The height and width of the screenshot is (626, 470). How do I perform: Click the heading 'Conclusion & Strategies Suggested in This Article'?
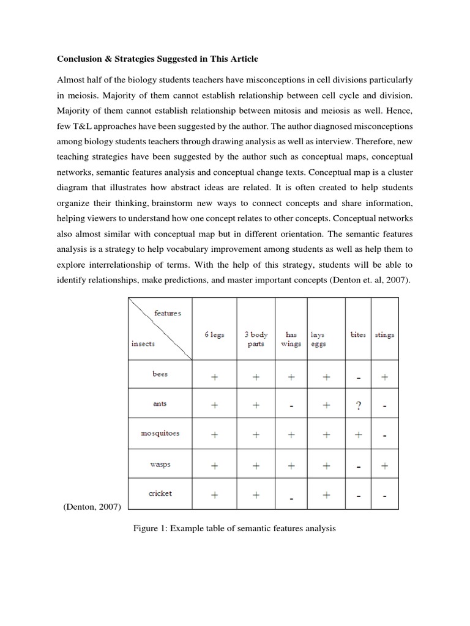coord(158,59)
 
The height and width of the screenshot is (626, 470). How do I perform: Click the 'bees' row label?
coord(160,374)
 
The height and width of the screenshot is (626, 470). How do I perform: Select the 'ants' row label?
coord(160,403)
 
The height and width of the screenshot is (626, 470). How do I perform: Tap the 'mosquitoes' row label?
coord(160,433)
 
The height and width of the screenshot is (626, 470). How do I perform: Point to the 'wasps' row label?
coord(160,464)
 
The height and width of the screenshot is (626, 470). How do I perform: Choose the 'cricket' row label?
coord(160,493)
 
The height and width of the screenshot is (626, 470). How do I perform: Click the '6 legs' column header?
coord(214,335)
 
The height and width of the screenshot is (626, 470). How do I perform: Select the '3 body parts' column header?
coord(256,339)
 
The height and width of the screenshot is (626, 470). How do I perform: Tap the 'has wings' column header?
coord(291,339)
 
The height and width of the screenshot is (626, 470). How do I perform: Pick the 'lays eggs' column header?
coord(318,339)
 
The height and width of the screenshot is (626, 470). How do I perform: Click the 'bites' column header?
coord(357,335)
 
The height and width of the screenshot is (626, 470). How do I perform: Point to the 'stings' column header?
coord(384,335)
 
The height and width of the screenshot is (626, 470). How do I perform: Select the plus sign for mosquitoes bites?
coord(359,435)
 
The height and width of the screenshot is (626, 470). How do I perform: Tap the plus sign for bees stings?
coord(384,377)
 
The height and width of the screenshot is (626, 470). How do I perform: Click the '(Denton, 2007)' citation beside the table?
coord(92,506)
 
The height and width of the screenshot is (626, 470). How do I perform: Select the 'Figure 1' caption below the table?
coord(234,527)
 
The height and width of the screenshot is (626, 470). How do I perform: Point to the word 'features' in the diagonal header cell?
coord(168,313)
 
